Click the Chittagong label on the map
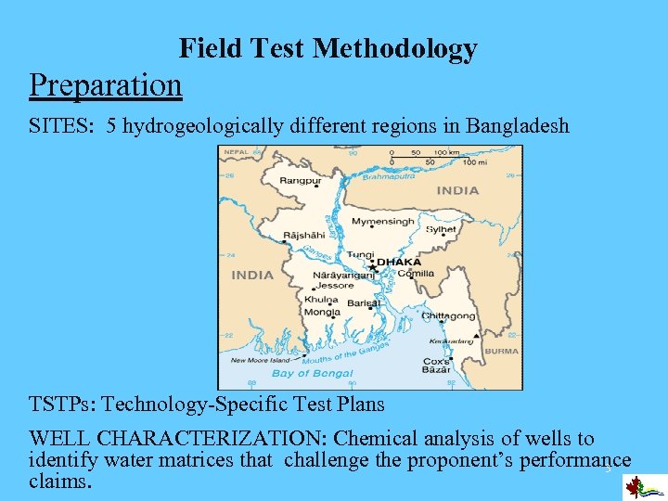pyautogui.click(x=449, y=316)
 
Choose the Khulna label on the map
pyautogui.click(x=321, y=301)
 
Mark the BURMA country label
pyautogui.click(x=502, y=352)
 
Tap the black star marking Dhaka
pyautogui.click(x=372, y=267)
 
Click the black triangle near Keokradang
pyautogui.click(x=476, y=335)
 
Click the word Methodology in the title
pyautogui.click(x=395, y=48)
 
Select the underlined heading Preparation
pyautogui.click(x=105, y=84)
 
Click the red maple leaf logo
pyautogui.click(x=635, y=487)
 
